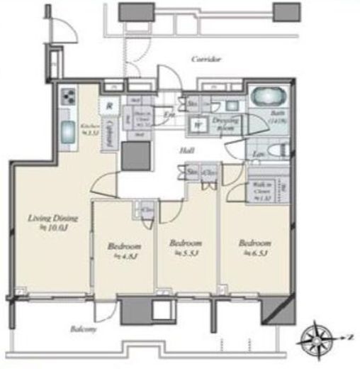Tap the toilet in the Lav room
[280, 152]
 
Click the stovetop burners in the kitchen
[69, 97]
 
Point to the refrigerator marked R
[108, 107]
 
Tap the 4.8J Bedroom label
[120, 249]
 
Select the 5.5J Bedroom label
[185, 246]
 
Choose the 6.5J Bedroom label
[254, 246]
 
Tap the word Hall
[186, 150]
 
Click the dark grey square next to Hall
[135, 155]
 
